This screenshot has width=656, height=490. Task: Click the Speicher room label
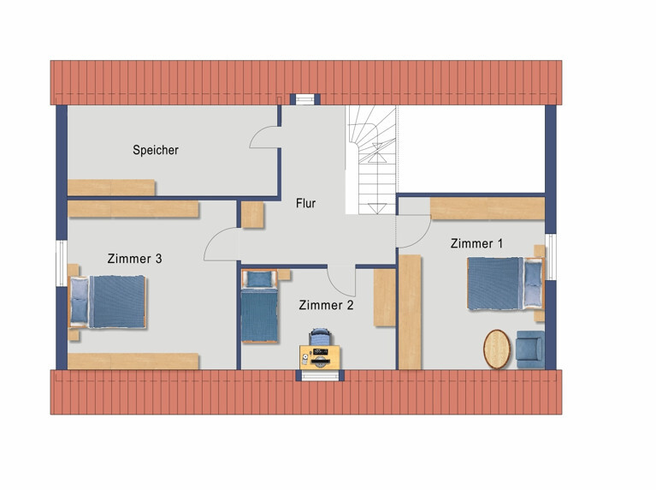click(156, 150)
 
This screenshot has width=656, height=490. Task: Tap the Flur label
click(305, 203)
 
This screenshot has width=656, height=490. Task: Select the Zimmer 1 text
click(476, 243)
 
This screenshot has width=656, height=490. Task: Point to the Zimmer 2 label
click(325, 304)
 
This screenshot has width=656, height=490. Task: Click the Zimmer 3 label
click(135, 258)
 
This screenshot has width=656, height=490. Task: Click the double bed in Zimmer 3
click(108, 302)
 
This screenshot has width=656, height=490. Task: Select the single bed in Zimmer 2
click(259, 308)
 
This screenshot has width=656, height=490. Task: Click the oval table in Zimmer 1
click(497, 350)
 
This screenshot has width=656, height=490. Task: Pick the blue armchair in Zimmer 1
click(529, 350)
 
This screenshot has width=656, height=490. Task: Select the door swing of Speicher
click(264, 137)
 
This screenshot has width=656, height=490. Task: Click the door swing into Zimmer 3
click(219, 247)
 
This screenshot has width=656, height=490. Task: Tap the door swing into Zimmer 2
click(341, 281)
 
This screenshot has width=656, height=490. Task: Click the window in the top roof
click(304, 99)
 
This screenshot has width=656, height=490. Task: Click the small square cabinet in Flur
click(251, 215)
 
